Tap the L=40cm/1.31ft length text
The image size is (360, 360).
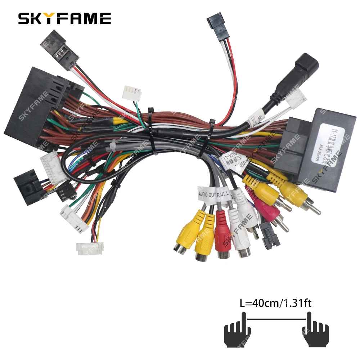point(275,303)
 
